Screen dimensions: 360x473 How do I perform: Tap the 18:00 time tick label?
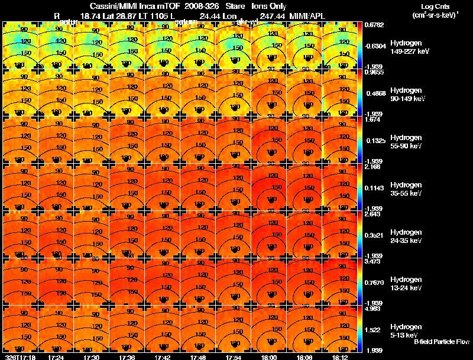(269, 357)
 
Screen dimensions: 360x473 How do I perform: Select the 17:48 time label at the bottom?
(198, 357)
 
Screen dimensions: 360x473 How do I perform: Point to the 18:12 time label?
(340, 357)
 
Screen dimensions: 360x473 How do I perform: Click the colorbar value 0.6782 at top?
(373, 25)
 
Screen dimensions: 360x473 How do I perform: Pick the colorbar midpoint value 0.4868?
(373, 93)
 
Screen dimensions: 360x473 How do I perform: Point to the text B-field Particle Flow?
(442, 342)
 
